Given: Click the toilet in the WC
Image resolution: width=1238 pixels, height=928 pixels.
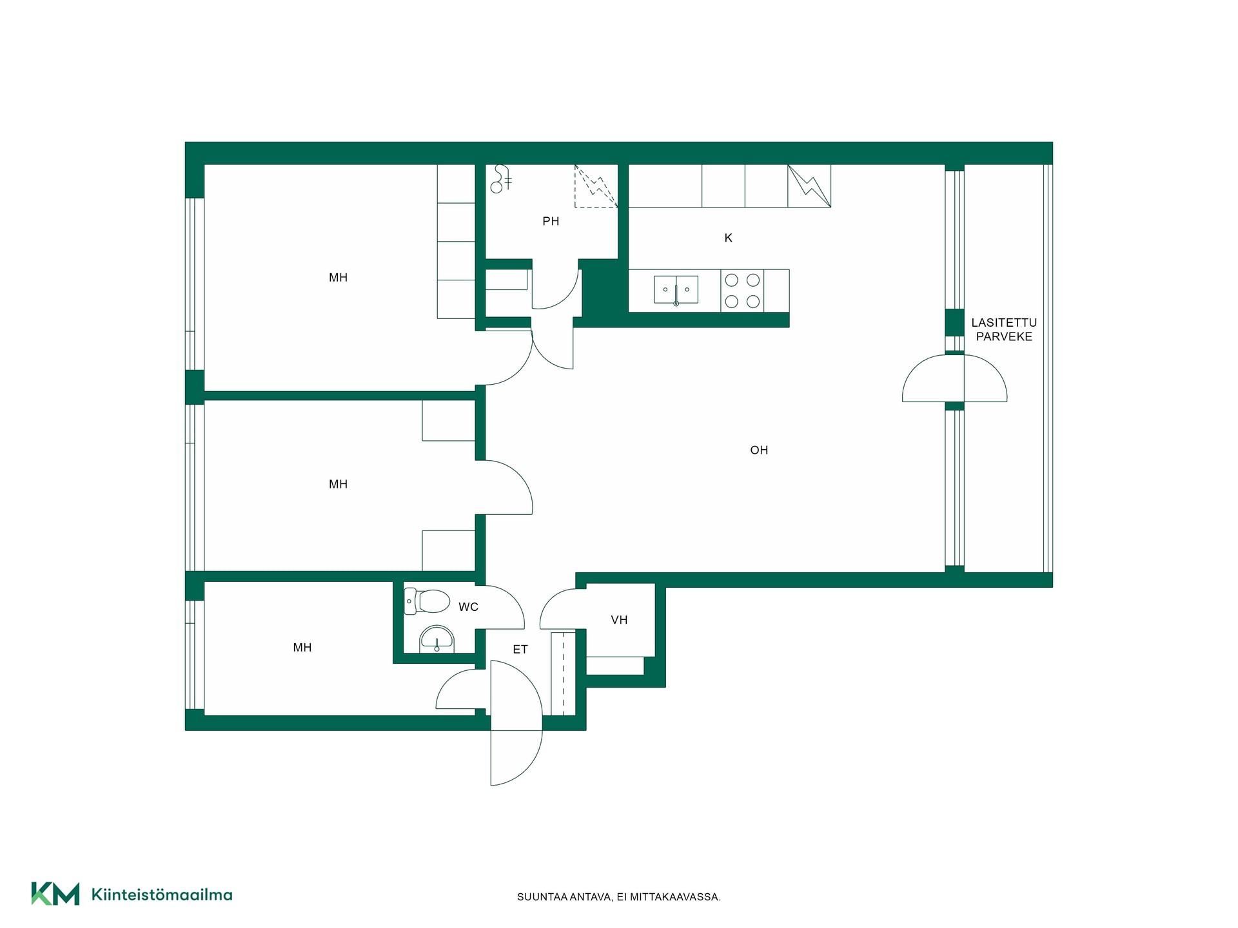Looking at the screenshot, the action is tap(426, 601).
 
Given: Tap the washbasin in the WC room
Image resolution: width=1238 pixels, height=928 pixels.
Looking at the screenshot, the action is tap(437, 639).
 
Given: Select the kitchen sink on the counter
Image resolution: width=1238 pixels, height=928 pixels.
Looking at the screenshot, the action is tap(676, 290).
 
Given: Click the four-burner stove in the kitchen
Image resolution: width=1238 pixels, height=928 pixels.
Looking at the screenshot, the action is tap(742, 291).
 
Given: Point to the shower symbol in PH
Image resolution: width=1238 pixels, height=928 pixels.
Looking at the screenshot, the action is tap(500, 179).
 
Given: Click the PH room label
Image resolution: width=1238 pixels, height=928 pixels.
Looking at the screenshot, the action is tap(551, 222).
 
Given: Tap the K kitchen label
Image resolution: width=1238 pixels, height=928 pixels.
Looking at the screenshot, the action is tap(729, 238).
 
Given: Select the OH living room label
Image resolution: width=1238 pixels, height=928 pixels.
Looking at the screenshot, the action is tap(759, 450).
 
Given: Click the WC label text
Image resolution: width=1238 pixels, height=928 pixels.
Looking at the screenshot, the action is tap(469, 607).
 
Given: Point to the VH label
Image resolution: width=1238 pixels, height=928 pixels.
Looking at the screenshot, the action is tap(619, 620).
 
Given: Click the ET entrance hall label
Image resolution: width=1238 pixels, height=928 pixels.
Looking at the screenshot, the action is tap(520, 650).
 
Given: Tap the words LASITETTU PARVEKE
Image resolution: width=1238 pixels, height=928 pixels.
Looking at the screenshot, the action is tap(1004, 329).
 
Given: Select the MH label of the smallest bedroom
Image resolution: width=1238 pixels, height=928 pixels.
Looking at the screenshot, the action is tap(302, 648).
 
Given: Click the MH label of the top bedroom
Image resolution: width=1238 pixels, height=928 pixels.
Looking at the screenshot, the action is tap(339, 278).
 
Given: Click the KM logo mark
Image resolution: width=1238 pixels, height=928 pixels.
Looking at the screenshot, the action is tap(55, 894).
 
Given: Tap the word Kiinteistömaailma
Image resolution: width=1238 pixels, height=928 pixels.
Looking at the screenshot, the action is tap(162, 894).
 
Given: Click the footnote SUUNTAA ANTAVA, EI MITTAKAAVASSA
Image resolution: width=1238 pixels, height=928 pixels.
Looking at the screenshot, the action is tap(619, 897).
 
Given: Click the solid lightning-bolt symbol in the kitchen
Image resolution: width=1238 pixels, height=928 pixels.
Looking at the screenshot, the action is tap(809, 186).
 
